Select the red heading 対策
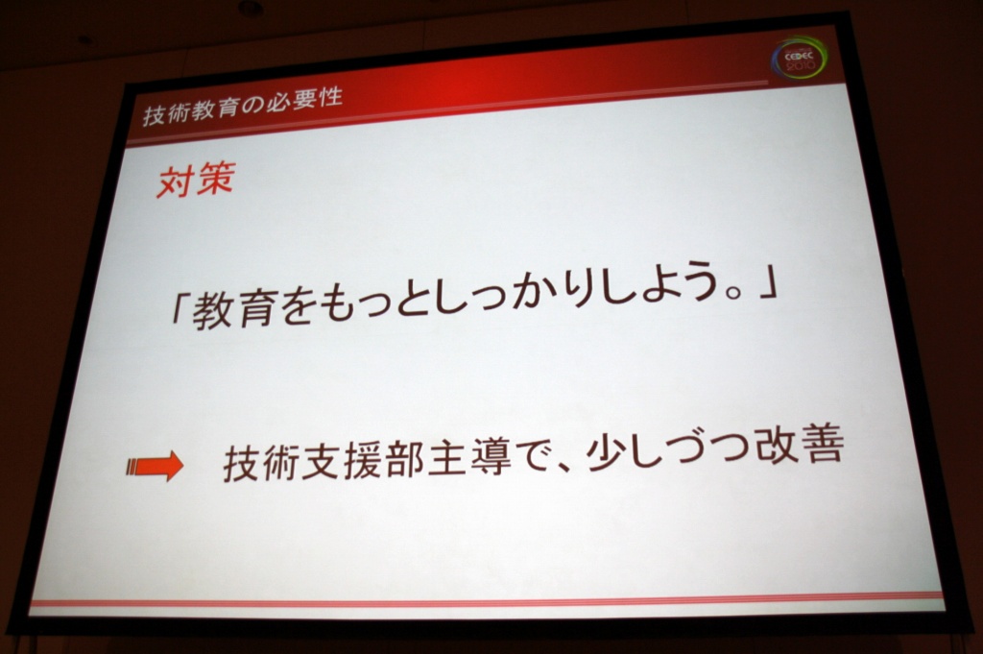tap(196, 180)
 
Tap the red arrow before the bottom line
tap(155, 467)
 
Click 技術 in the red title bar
tap(165, 113)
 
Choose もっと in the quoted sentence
tap(376, 304)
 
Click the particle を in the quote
tap(296, 308)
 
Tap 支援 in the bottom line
tap(341, 462)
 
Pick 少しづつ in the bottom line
tap(667, 450)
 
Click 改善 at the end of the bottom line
tap(799, 446)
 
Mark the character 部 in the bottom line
tap(404, 460)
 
